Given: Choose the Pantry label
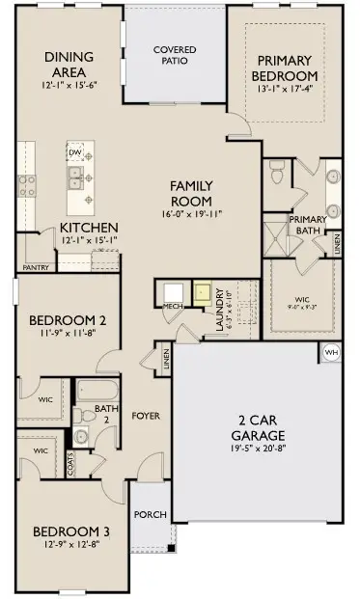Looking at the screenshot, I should [x=36, y=267].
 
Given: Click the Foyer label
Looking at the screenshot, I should [x=147, y=416].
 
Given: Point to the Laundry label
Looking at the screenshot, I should [x=221, y=307].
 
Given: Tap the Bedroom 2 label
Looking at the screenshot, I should [x=67, y=320].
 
